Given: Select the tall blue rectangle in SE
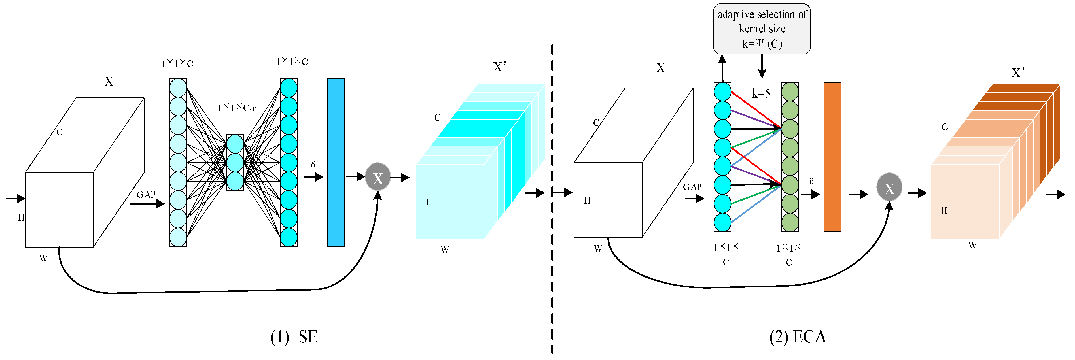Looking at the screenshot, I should pos(336,162).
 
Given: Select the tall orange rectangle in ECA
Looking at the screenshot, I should pos(832,157).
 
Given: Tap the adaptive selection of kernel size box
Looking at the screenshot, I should pos(762,29).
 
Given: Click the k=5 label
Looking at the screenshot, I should pos(760,93).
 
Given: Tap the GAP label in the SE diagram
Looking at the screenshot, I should pos(146,194).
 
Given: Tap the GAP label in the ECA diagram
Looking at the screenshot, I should pos(692,187).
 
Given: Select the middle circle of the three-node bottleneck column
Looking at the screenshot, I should pos(235,162).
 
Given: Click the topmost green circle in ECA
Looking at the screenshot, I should pos(790,92).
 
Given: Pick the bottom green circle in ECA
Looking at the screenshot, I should pos(790,222).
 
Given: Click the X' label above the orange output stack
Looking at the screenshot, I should pos(1018,73).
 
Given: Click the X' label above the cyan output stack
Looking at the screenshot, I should pos(500,67).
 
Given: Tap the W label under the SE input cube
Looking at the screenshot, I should pos(43,258).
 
